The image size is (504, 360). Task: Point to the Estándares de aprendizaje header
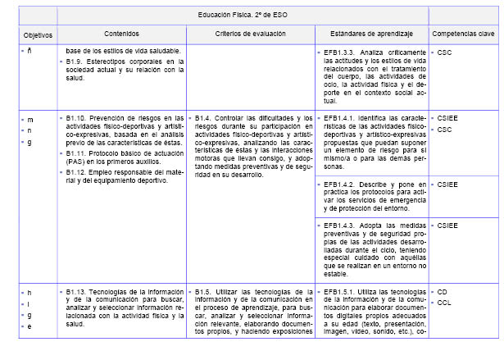pos(371,34)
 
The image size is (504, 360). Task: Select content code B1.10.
pos(79,119)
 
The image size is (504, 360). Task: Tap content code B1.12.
pos(79,171)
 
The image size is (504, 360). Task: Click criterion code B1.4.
pos(204,119)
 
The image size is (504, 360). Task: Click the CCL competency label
pos(444,302)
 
